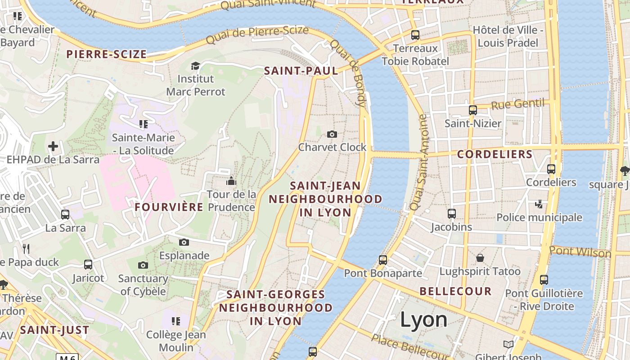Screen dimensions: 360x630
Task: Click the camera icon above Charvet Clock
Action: click(x=332, y=134)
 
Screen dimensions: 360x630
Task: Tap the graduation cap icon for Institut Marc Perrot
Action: click(x=195, y=66)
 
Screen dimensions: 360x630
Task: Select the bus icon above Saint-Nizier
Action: click(x=472, y=110)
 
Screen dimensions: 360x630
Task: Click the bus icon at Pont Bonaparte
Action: click(x=382, y=260)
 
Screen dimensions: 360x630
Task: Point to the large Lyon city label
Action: click(x=423, y=319)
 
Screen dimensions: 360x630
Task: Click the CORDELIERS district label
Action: click(x=495, y=154)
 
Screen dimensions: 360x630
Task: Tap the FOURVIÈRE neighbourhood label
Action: click(x=169, y=207)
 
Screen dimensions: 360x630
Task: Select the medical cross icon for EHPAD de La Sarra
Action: click(x=53, y=146)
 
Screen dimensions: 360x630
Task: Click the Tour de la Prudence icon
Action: click(x=231, y=181)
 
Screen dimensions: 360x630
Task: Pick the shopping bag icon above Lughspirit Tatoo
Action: click(x=480, y=258)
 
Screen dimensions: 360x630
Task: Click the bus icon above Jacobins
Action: click(x=452, y=214)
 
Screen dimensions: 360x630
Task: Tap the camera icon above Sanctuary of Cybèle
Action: click(x=143, y=265)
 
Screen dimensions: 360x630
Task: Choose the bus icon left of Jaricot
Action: click(x=88, y=265)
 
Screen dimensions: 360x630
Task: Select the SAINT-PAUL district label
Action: click(x=301, y=71)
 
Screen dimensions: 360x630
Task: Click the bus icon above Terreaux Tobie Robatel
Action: click(x=415, y=35)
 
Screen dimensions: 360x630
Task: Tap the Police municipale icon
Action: click(x=539, y=204)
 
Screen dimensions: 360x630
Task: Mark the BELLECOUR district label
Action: click(x=455, y=291)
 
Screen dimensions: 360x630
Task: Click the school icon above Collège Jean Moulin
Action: click(x=176, y=321)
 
